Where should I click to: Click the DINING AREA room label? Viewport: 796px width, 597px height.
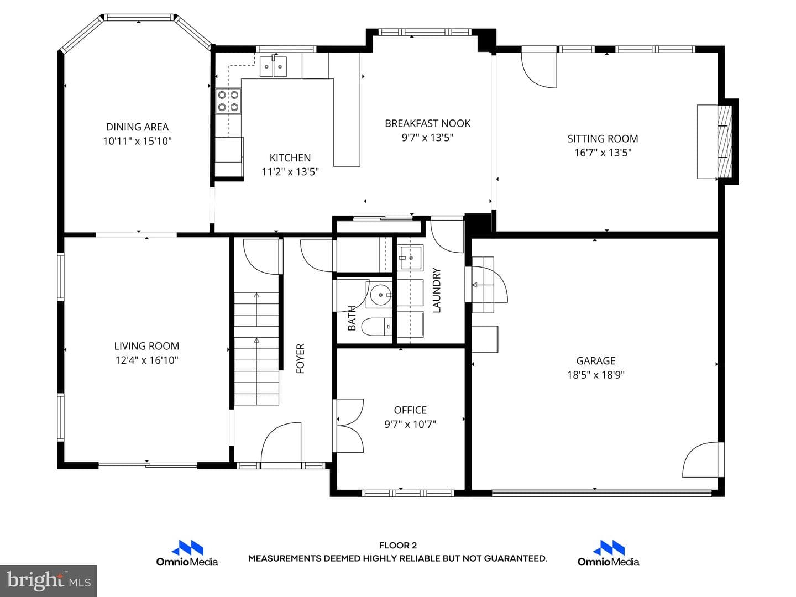click(137, 127)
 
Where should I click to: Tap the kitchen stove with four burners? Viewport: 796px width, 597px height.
click(228, 101)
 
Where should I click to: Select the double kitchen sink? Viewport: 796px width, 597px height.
click(273, 67)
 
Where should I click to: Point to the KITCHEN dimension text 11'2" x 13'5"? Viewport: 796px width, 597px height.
click(290, 171)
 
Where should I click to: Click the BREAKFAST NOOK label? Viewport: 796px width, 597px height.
click(427, 124)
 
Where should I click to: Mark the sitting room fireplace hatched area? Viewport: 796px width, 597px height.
click(725, 142)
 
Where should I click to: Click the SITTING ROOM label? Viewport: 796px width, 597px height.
click(603, 138)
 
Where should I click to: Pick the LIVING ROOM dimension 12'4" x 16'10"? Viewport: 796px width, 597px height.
click(146, 360)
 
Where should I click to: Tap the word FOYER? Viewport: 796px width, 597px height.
click(300, 359)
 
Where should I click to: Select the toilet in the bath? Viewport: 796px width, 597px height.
click(377, 327)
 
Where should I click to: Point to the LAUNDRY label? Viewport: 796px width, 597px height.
click(436, 290)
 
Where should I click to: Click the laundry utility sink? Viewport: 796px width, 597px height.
click(410, 258)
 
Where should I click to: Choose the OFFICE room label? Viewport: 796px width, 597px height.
click(410, 410)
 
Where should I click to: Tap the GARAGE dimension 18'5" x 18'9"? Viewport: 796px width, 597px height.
click(596, 374)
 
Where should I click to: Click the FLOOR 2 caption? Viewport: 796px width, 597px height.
click(398, 545)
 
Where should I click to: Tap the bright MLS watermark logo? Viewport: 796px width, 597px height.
click(49, 580)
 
